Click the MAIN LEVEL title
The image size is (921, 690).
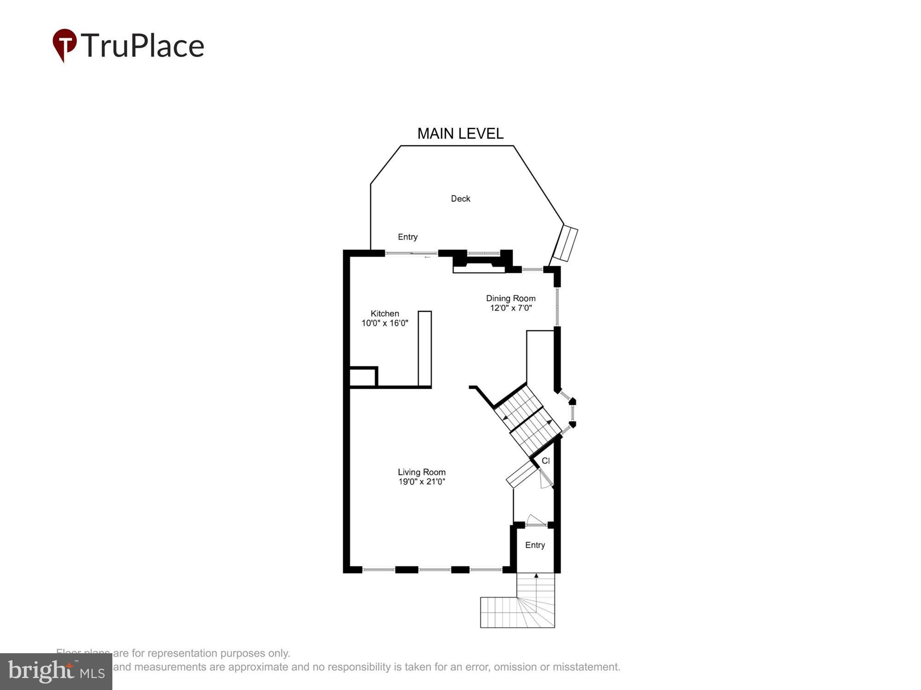click(460, 134)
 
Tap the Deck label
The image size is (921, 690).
click(460, 199)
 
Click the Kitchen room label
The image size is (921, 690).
click(385, 314)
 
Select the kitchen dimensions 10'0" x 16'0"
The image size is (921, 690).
click(385, 323)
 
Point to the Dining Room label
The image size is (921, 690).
click(511, 299)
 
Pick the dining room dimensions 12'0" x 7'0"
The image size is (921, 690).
click(511, 308)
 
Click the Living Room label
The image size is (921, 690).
click(421, 472)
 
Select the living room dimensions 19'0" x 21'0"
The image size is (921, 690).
click(421, 482)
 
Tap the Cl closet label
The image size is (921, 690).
click(546, 461)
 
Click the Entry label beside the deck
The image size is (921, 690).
click(408, 237)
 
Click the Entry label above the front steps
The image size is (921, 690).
click(535, 545)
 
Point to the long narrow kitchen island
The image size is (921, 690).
click(425, 348)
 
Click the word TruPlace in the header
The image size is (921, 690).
click(143, 46)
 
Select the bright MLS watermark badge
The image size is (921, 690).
click(56, 672)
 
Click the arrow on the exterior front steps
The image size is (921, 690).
click(536, 576)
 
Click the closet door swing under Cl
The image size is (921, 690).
click(546, 479)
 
